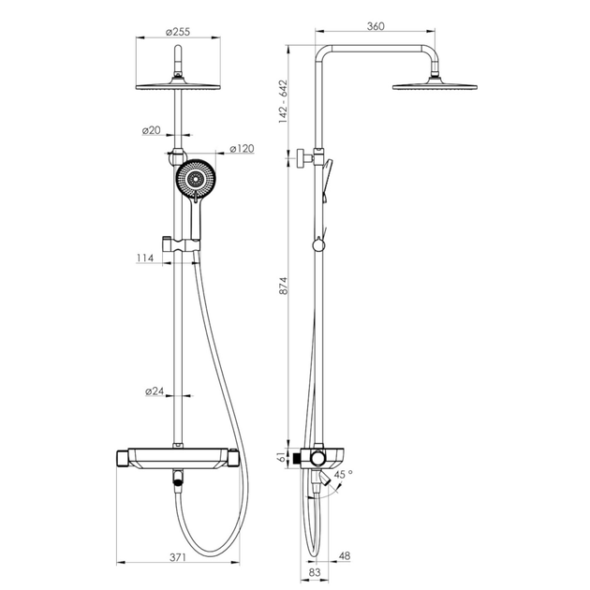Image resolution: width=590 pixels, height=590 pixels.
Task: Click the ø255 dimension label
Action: pos(178,32)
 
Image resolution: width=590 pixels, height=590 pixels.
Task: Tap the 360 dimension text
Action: pos(376,26)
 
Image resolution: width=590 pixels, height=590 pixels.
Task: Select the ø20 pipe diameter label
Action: pos(152,130)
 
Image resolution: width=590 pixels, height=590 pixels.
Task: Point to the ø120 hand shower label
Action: pos(242,149)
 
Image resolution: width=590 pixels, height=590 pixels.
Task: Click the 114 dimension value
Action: pos(145,258)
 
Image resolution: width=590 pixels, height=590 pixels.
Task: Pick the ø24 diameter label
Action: pos(155,391)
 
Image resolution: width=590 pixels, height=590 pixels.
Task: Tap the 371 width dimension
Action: pos(178,557)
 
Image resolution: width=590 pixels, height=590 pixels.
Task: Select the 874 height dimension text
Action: pos(283,286)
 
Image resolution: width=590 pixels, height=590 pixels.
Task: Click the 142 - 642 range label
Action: pos(283,101)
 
